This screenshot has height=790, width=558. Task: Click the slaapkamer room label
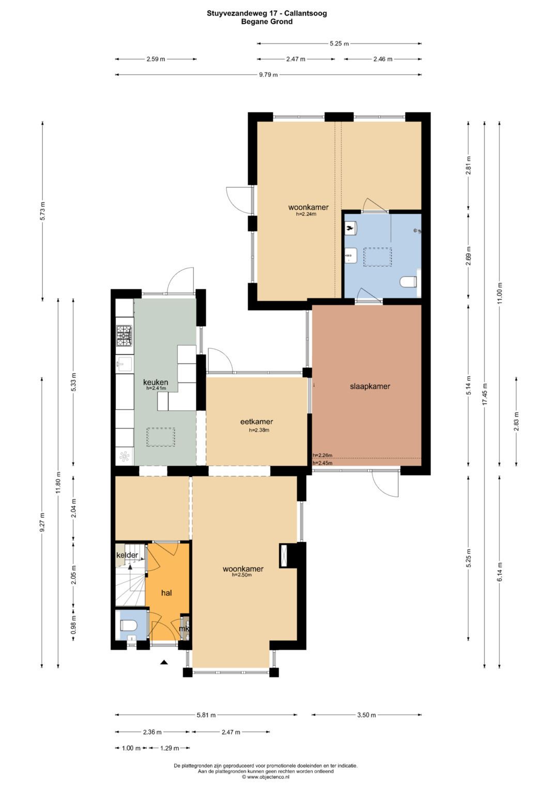pos(370,386)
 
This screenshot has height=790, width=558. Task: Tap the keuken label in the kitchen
pos(156,382)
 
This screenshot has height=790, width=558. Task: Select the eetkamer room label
pos(256,422)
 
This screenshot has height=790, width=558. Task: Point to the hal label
pos(166,593)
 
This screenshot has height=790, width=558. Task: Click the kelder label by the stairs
pos(127,555)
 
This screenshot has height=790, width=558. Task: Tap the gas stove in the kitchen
pos(125,335)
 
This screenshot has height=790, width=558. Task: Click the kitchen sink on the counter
pos(124,364)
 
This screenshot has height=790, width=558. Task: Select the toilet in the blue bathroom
pos(409,282)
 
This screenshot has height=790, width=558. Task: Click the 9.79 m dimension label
pos(269,75)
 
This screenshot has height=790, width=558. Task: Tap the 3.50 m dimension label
pos(366,715)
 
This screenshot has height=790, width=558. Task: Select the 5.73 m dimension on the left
pos(42,211)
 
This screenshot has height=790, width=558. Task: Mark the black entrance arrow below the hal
pos(164,662)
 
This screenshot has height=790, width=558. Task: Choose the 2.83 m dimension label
pos(517,422)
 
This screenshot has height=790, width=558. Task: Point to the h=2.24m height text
pos(306,214)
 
